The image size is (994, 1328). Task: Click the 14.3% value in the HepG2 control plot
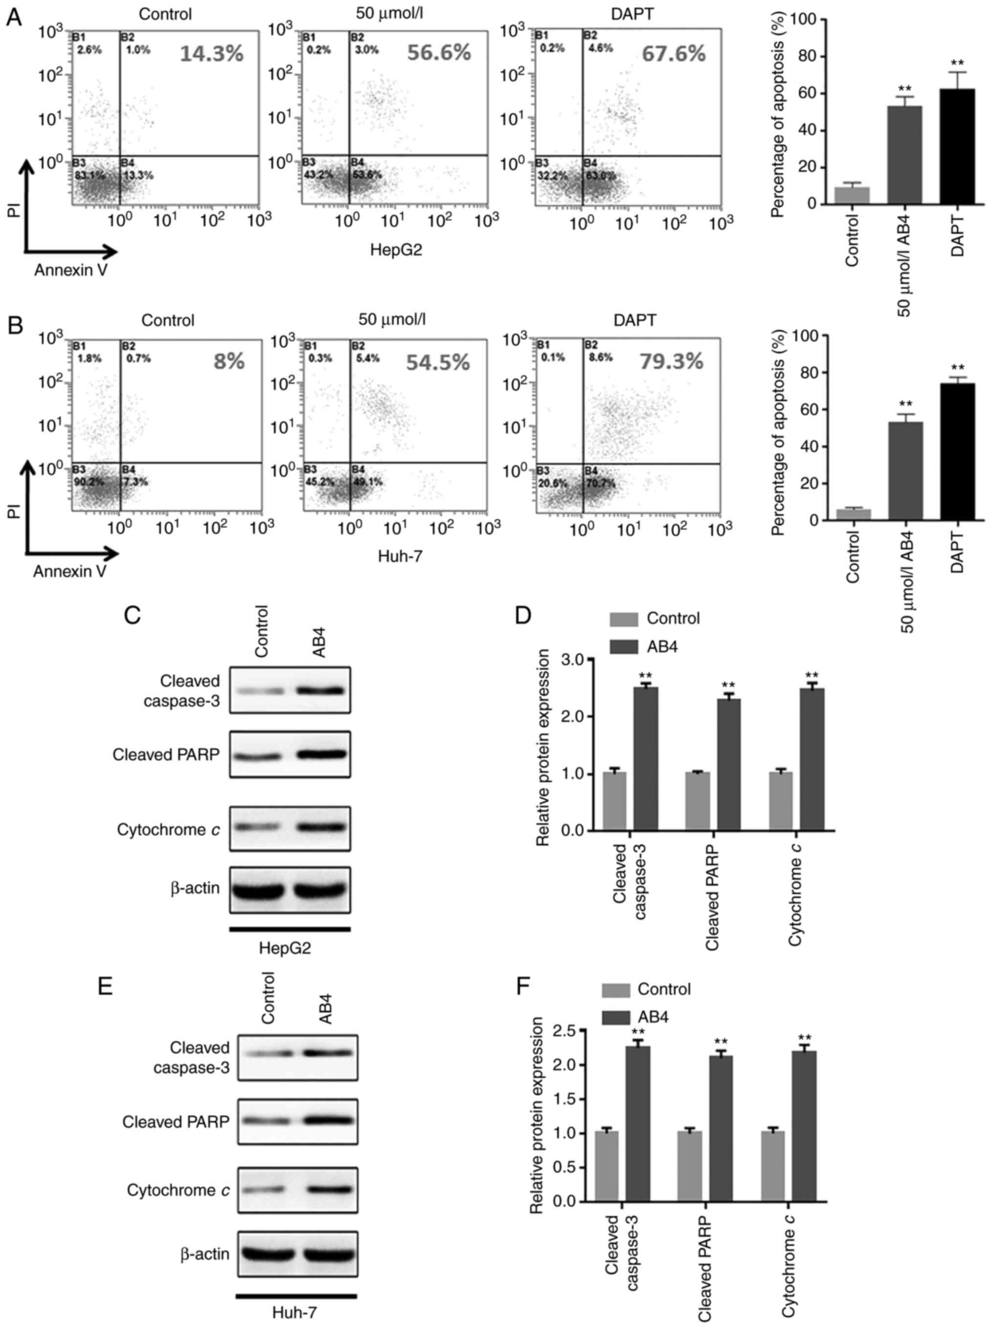pos(211,54)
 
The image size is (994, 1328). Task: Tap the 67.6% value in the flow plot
pos(674,54)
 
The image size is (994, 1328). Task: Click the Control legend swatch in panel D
pos(624,619)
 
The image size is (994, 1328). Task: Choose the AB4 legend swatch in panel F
pos(615,1017)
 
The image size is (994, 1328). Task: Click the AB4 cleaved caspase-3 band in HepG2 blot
pos(319,690)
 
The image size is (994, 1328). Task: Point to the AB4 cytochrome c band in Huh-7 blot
pos(327,1190)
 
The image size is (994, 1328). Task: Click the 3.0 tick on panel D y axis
pos(574,660)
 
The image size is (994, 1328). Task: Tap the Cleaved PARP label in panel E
pos(176,1122)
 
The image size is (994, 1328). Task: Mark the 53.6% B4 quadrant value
pos(366,175)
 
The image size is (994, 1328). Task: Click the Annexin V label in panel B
pos(69,571)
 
